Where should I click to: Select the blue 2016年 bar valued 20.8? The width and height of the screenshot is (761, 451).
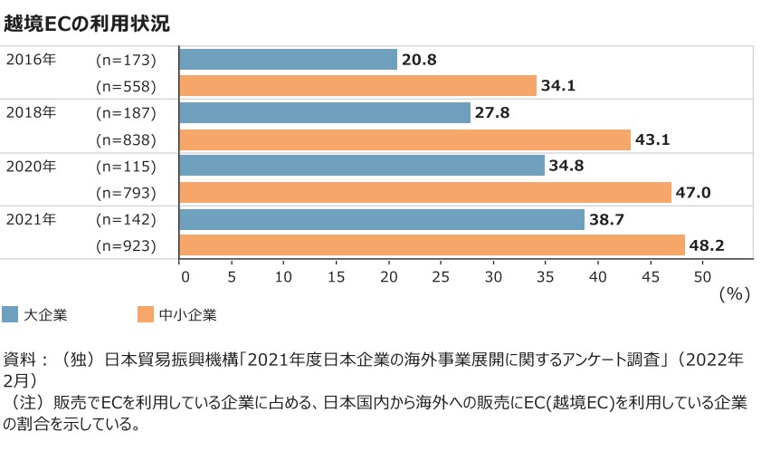click(x=289, y=60)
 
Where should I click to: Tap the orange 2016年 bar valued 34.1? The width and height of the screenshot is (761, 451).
click(x=358, y=86)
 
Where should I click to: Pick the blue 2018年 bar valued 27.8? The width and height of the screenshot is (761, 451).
click(x=325, y=113)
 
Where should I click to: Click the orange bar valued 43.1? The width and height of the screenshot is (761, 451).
click(x=404, y=139)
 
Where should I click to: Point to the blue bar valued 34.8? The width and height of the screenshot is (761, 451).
click(x=362, y=167)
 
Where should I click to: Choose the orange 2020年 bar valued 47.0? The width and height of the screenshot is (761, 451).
click(x=425, y=193)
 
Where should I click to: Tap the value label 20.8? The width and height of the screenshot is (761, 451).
click(x=420, y=60)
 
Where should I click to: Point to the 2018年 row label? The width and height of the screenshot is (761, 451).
click(x=31, y=113)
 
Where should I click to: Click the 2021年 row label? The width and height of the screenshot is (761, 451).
click(x=31, y=219)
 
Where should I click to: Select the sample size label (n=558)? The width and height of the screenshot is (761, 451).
click(x=127, y=87)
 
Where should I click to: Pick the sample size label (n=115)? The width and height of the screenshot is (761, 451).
click(x=127, y=167)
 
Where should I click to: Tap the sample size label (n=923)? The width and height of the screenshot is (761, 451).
click(x=127, y=246)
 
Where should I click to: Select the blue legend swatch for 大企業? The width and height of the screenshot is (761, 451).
click(x=10, y=315)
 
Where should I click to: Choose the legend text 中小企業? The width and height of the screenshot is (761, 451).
click(x=187, y=315)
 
